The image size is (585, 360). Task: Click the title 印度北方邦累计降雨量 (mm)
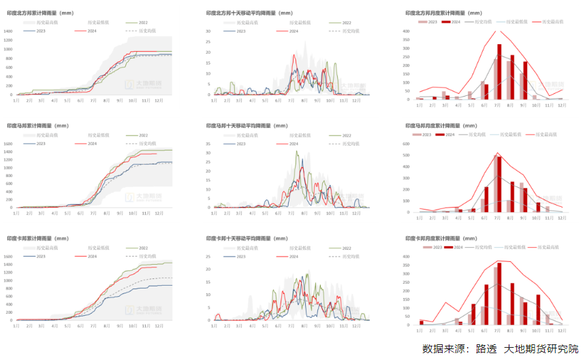point(40,13)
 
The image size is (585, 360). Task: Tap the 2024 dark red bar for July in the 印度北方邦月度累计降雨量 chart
point(499,71)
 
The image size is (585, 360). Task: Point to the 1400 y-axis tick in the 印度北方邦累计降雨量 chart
point(8,31)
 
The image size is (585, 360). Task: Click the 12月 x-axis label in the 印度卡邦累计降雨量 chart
point(158,326)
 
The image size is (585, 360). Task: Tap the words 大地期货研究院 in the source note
point(537,349)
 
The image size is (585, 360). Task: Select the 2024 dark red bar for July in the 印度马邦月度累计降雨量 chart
point(499,184)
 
